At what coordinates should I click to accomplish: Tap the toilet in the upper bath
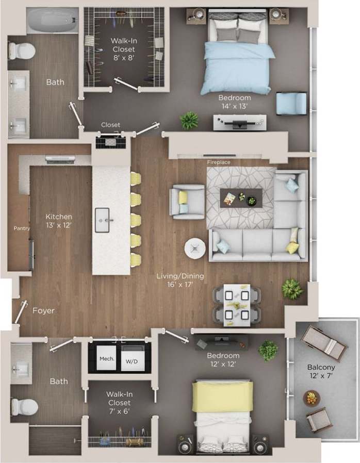[x=22, y=51]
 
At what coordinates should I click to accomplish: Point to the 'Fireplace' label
[x=219, y=162]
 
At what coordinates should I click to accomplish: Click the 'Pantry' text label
[x=22, y=228]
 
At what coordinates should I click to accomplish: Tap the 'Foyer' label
[x=43, y=310]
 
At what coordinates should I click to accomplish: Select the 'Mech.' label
[x=107, y=359]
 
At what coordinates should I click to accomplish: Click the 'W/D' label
[x=132, y=362]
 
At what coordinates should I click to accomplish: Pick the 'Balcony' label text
[x=321, y=368]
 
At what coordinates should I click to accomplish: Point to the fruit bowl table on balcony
[x=312, y=398]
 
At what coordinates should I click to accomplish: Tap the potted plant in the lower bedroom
[x=268, y=351]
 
